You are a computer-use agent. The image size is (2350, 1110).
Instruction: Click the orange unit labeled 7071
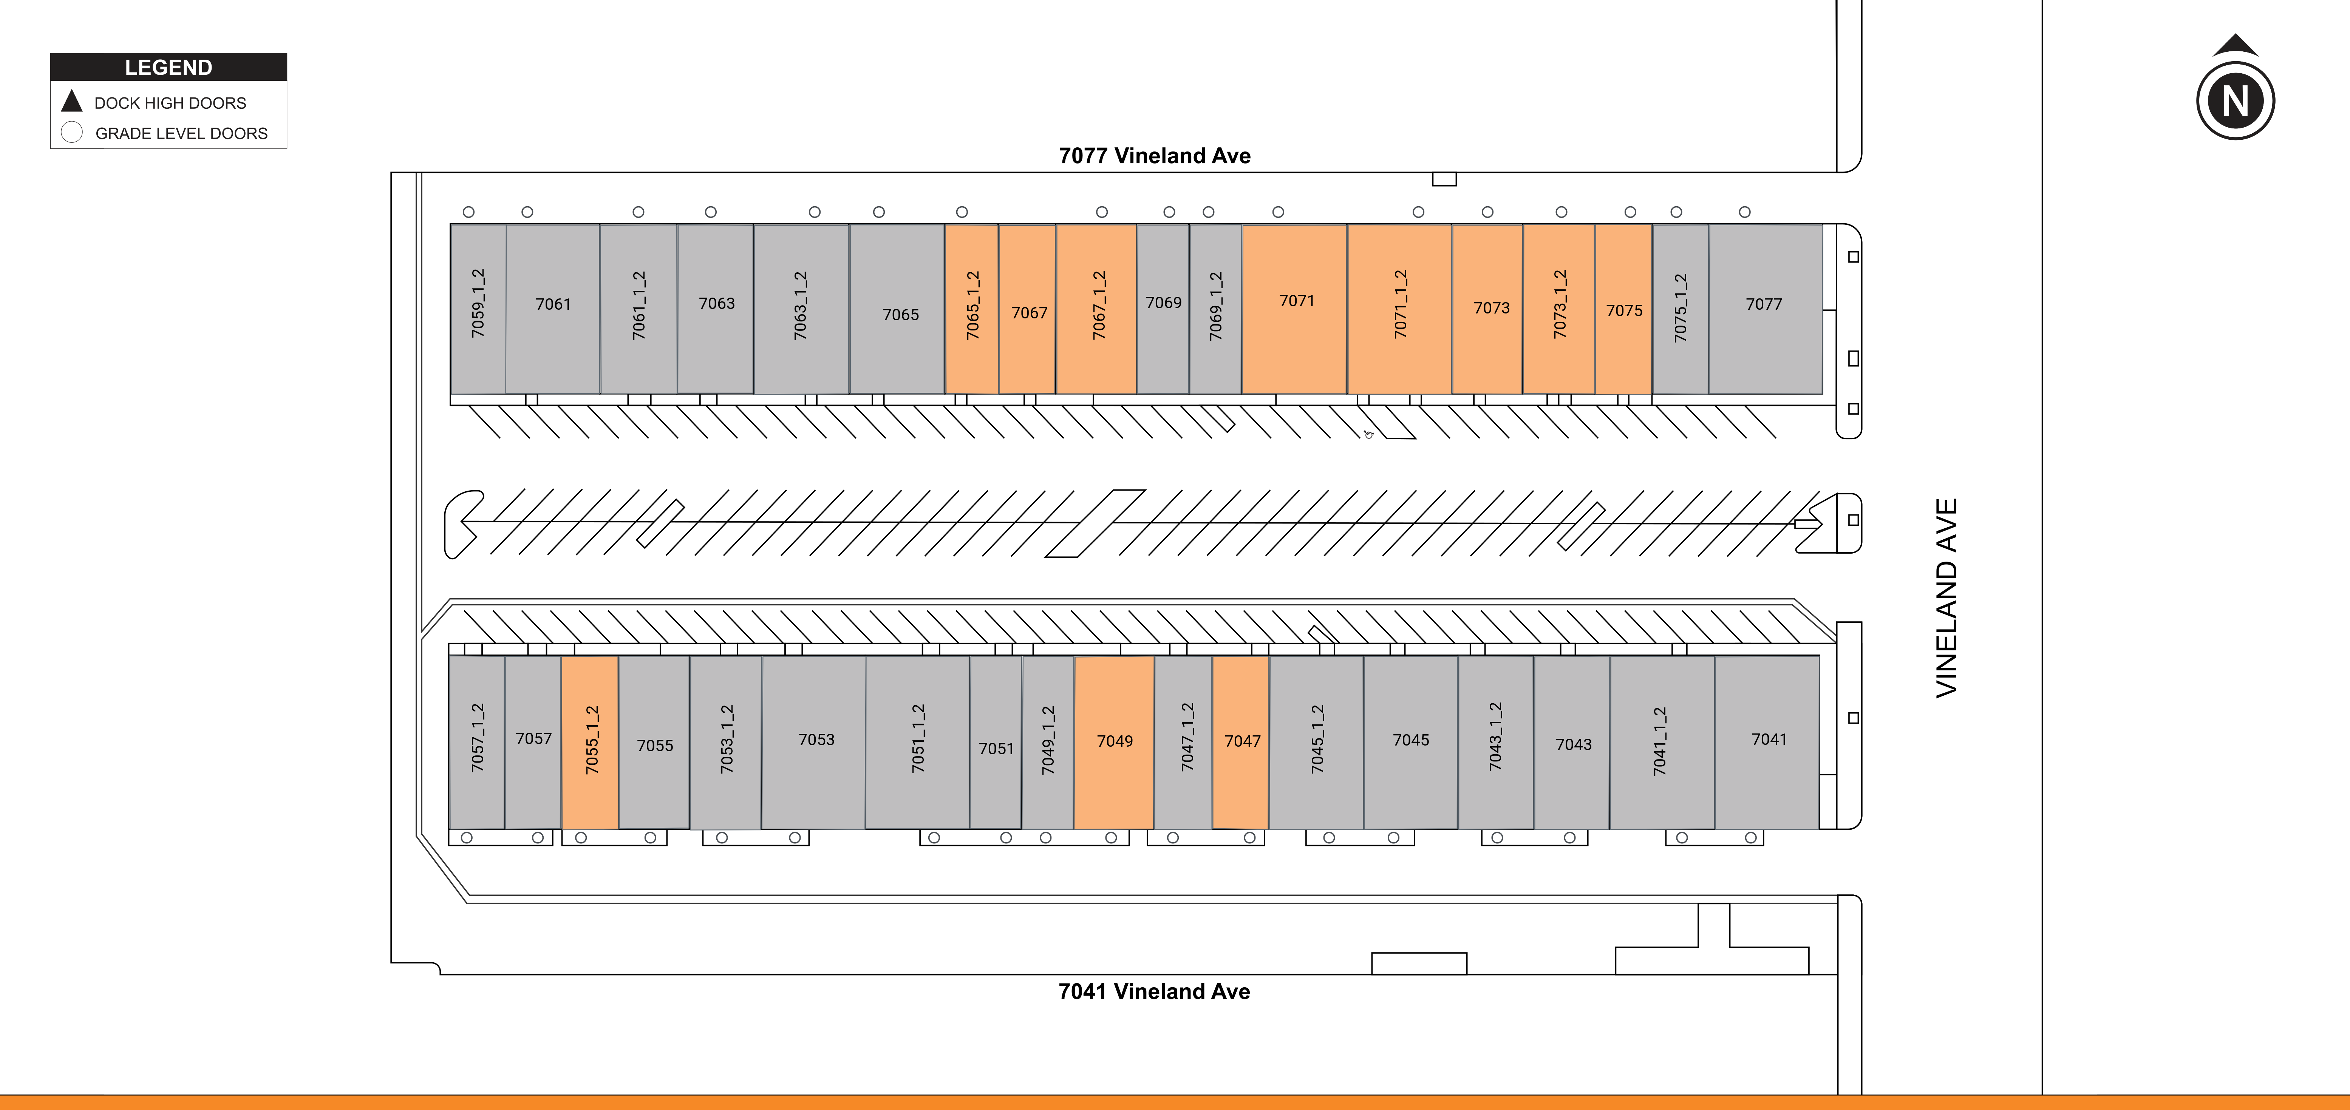pyautogui.click(x=1294, y=309)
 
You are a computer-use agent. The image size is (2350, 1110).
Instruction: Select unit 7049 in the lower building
pyautogui.click(x=1114, y=743)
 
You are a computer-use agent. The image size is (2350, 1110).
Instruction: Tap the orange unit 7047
pyautogui.click(x=1241, y=743)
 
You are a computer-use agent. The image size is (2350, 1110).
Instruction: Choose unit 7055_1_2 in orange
pyautogui.click(x=590, y=743)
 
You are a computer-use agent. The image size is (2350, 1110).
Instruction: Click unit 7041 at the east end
pyautogui.click(x=1767, y=743)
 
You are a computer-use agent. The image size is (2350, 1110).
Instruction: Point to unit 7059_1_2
pyautogui.click(x=478, y=309)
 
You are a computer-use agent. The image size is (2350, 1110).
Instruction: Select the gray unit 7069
pyautogui.click(x=1163, y=309)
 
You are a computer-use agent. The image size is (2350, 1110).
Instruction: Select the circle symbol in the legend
pyautogui.click(x=72, y=132)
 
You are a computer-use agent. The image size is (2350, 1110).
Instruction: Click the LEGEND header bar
pyautogui.click(x=169, y=66)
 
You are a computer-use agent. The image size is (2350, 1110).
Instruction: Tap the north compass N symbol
pyautogui.click(x=2235, y=100)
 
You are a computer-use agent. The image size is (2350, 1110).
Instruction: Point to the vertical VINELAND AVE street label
pyautogui.click(x=1947, y=598)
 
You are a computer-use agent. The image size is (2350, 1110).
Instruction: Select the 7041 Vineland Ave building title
pyautogui.click(x=1154, y=991)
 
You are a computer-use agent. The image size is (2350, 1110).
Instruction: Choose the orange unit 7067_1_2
pyautogui.click(x=1096, y=309)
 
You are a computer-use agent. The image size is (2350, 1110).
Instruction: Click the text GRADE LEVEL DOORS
pyautogui.click(x=182, y=133)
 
